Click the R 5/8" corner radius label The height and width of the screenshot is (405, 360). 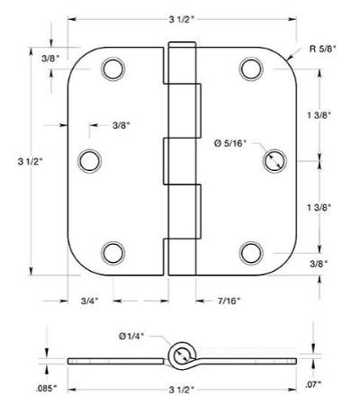click(323, 49)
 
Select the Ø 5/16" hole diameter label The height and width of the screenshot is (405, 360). click(230, 143)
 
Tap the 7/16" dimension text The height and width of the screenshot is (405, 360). click(229, 301)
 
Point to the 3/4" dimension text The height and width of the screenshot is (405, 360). click(90, 301)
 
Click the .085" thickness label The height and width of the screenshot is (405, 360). click(46, 389)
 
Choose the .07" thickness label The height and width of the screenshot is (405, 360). click(313, 384)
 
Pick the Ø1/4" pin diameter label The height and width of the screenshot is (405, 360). click(131, 337)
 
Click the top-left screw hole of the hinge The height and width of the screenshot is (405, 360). click(113, 69)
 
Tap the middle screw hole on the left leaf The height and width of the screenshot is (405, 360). click(90, 161)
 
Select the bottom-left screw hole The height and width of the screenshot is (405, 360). click(113, 253)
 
